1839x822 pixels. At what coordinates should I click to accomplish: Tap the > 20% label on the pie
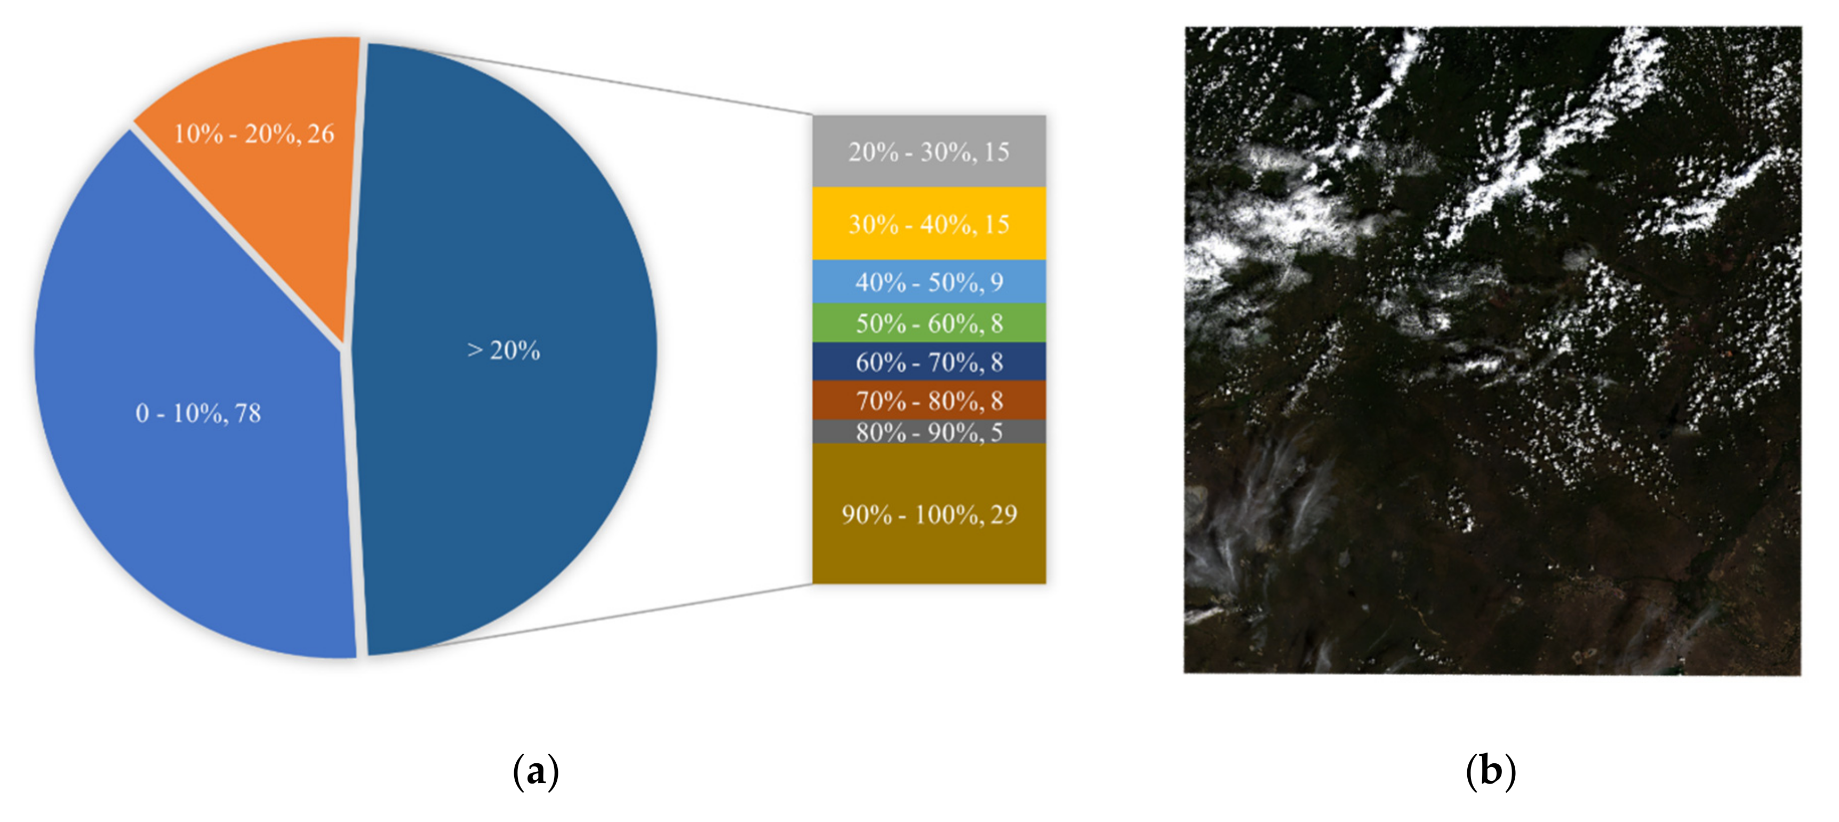(x=503, y=351)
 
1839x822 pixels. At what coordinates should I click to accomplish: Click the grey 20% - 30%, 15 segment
(x=929, y=152)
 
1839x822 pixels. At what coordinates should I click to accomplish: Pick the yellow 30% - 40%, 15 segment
(x=929, y=224)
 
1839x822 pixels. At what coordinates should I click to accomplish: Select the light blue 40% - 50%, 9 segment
(x=929, y=282)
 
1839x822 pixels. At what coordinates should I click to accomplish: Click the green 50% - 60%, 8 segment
(x=929, y=323)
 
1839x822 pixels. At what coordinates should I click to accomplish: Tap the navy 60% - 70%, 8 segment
(x=929, y=362)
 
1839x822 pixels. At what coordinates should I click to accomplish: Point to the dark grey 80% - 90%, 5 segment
(x=929, y=432)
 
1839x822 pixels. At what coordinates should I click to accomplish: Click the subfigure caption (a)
(x=535, y=772)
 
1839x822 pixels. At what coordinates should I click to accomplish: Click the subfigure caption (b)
(x=1491, y=772)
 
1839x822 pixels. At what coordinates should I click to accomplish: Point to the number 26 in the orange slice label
(x=321, y=133)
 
